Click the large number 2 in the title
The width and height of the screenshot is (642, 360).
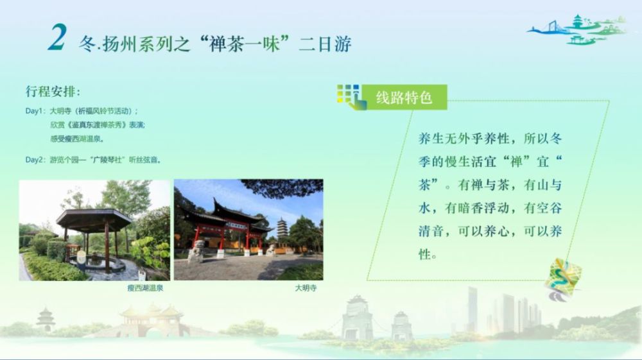(57, 37)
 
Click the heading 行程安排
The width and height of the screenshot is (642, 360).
(53, 91)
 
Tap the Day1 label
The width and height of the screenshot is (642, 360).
(35, 111)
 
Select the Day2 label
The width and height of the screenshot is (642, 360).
(35, 160)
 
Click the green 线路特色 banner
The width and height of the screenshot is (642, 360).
(404, 98)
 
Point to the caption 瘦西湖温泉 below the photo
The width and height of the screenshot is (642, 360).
(145, 288)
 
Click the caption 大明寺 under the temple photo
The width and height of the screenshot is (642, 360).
(306, 288)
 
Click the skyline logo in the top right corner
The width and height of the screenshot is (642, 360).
(577, 30)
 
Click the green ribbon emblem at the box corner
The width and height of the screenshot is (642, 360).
(562, 279)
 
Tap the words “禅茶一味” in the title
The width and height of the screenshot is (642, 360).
(245, 44)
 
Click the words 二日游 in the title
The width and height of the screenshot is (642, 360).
(325, 44)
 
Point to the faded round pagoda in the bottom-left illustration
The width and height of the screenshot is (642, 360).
(46, 320)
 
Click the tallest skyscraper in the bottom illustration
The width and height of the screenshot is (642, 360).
(472, 309)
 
